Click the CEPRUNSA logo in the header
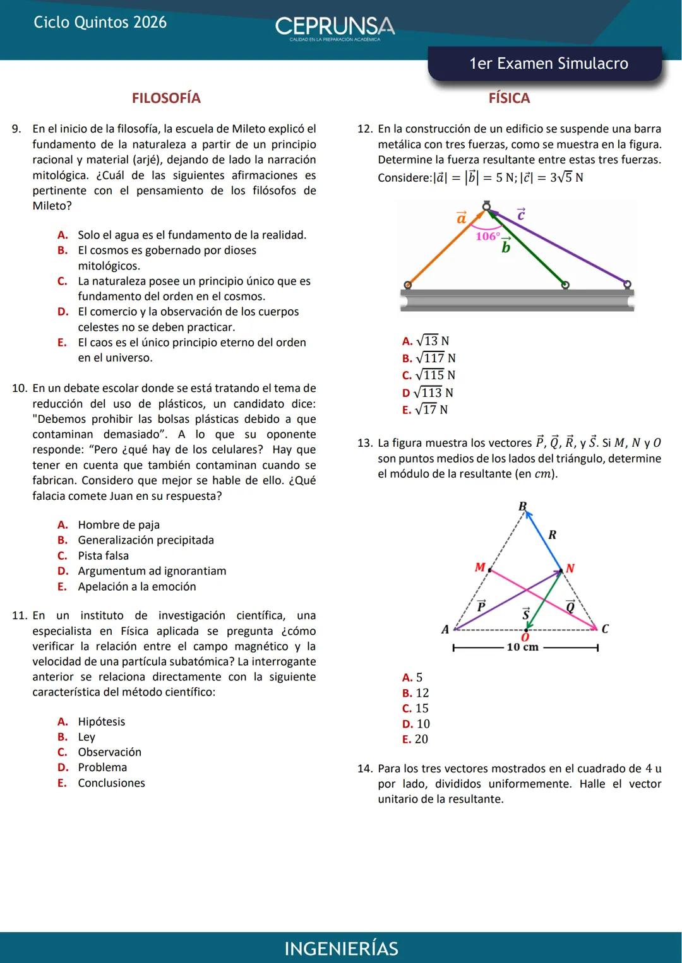click(335, 27)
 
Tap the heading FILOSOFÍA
click(166, 98)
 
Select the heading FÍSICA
click(509, 98)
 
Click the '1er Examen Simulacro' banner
click(548, 64)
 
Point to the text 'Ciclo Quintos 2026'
click(100, 23)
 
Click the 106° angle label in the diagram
click(488, 236)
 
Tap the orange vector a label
click(462, 218)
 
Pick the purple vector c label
click(521, 215)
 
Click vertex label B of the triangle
click(522, 506)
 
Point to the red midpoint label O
click(524, 637)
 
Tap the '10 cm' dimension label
click(522, 647)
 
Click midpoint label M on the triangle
click(480, 567)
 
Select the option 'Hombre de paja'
click(119, 525)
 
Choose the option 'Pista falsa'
click(103, 556)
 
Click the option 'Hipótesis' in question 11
click(101, 721)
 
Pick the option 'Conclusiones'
click(111, 783)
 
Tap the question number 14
click(364, 769)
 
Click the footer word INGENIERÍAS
click(341, 948)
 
